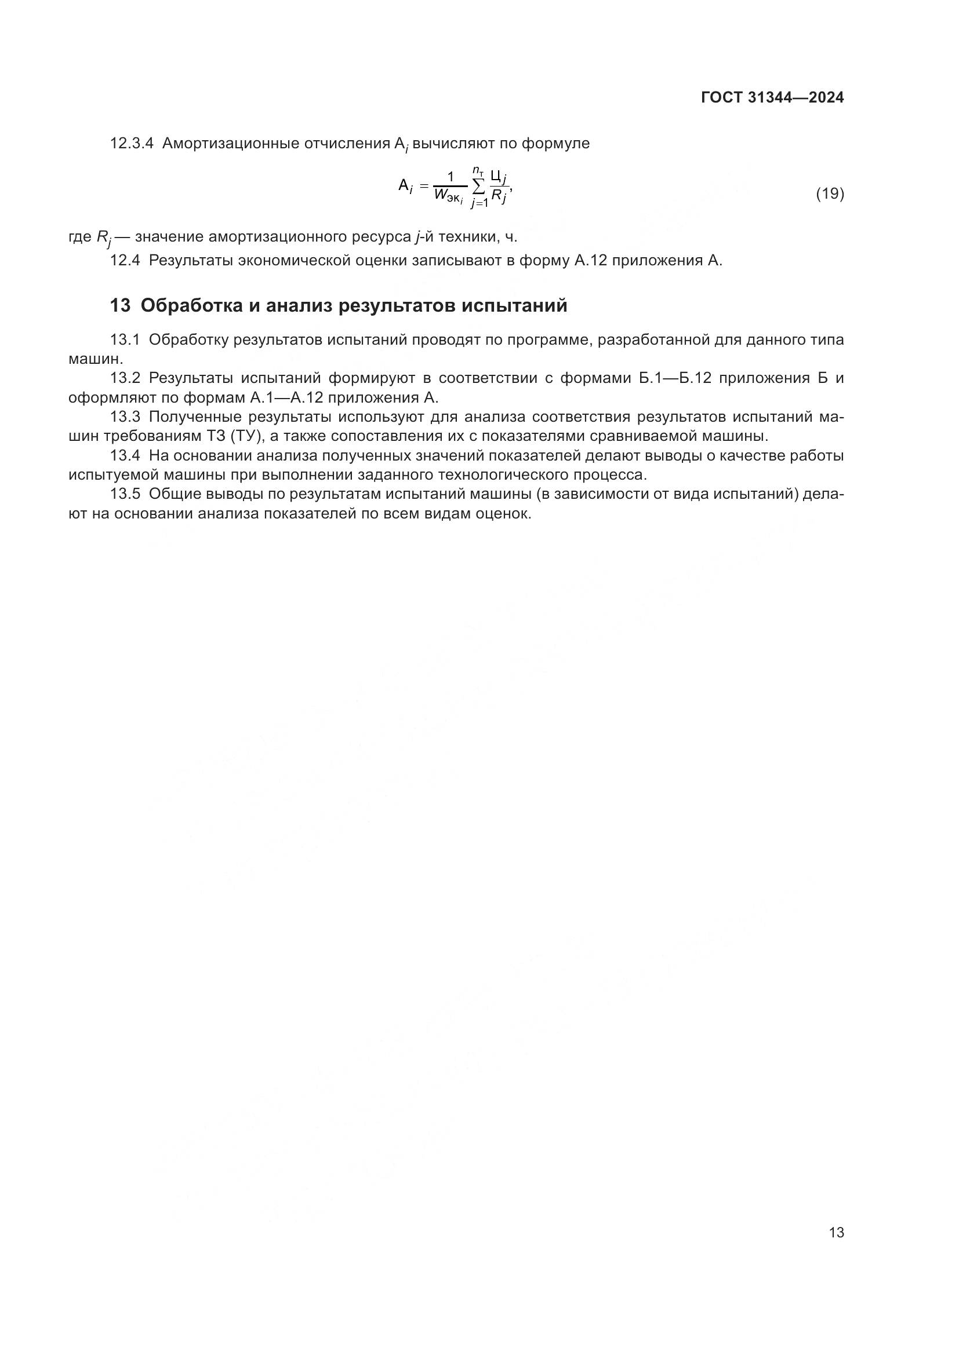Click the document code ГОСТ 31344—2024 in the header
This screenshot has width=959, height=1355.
772,98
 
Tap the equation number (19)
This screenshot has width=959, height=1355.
830,193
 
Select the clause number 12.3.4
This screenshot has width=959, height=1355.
132,144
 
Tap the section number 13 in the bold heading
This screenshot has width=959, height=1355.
120,306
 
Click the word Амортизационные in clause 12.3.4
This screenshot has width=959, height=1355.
230,144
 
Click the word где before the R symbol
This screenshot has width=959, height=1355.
79,238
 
